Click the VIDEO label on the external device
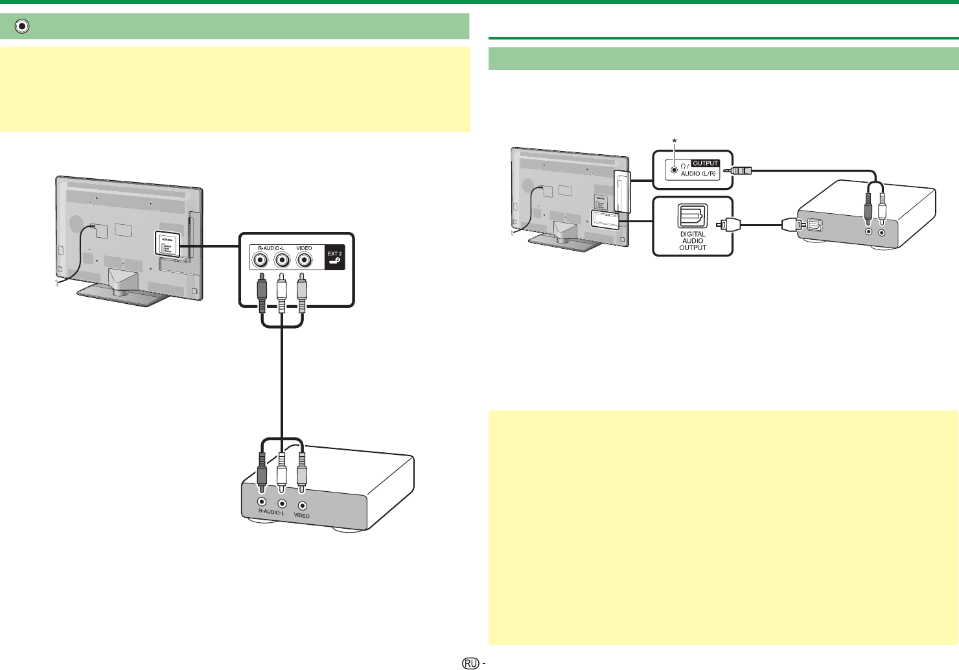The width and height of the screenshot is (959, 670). pyautogui.click(x=301, y=516)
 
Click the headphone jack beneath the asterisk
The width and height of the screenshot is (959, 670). pyautogui.click(x=674, y=170)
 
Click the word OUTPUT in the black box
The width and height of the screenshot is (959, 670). pyautogui.click(x=706, y=163)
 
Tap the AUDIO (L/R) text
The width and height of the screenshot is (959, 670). pyautogui.click(x=699, y=174)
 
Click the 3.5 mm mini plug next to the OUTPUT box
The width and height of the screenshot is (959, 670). pyautogui.click(x=738, y=171)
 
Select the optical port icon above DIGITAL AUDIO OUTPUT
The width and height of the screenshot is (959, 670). pyautogui.click(x=693, y=216)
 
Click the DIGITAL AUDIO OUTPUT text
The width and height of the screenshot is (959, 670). pyautogui.click(x=693, y=241)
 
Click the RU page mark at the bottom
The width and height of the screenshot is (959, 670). pyautogui.click(x=471, y=663)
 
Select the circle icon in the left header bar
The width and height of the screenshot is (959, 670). pyautogui.click(x=23, y=27)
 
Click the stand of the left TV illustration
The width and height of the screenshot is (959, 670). pyautogui.click(x=121, y=289)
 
